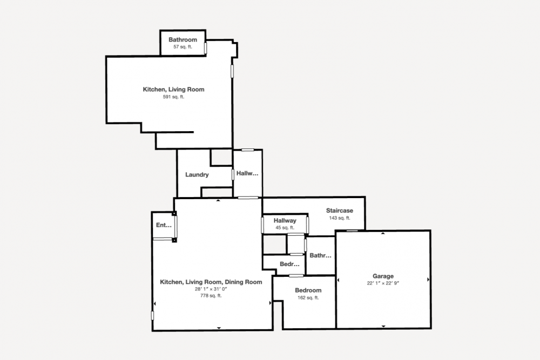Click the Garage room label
coord(383,276)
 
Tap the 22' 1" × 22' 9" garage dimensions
coord(383,283)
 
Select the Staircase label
coord(340,210)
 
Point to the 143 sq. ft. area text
coord(340,218)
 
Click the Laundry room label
coord(197,174)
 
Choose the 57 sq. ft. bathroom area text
coord(183,47)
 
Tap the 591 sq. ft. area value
coord(173,97)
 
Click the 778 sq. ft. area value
coord(211,296)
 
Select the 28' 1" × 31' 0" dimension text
coord(211,289)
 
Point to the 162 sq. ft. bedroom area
coord(308,298)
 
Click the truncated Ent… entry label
coord(164,225)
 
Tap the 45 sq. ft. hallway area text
coord(285,228)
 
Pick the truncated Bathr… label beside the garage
coord(320,255)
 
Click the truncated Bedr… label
coord(289,264)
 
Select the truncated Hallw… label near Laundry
coord(247,173)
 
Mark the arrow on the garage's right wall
coord(428,280)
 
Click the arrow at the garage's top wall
coord(383,233)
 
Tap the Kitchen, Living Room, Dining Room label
coord(211,282)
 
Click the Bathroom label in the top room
coord(183,39)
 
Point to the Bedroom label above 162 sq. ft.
coord(308,290)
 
